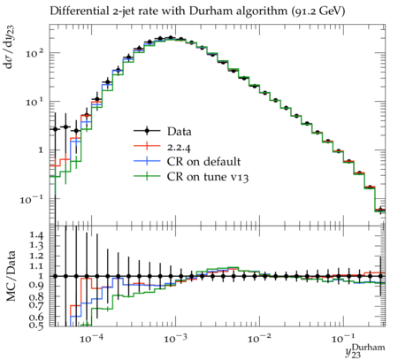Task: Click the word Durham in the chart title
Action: (x=208, y=11)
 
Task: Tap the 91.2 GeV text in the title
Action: (x=318, y=11)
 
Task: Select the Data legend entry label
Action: (x=180, y=132)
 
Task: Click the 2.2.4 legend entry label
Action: (x=179, y=147)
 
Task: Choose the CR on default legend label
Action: (x=203, y=162)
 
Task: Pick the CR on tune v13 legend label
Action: (x=208, y=177)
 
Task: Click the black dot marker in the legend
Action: (x=147, y=131)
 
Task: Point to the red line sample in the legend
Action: (x=147, y=146)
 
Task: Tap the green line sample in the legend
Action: (x=147, y=176)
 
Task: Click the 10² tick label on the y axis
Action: (x=34, y=53)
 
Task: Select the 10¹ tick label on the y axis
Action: (x=34, y=102)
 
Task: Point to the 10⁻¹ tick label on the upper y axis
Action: (x=32, y=199)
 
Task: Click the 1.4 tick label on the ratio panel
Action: (x=37, y=235)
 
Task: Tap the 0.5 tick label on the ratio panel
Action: (x=37, y=325)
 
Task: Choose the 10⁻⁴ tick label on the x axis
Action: (x=92, y=339)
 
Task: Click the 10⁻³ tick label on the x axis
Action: (x=176, y=339)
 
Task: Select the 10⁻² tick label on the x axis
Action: (x=260, y=339)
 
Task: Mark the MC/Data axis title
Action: (x=11, y=276)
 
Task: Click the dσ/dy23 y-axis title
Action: (x=11, y=47)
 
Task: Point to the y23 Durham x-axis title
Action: (x=365, y=351)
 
